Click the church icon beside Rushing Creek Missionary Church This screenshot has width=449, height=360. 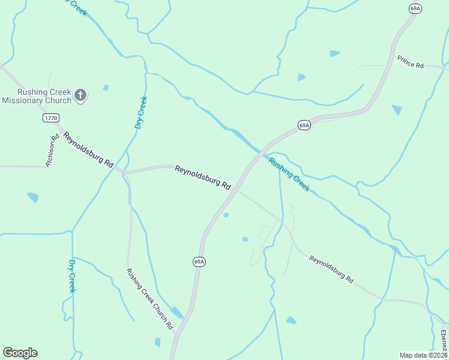point(80,94)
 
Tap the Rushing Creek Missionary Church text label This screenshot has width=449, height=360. point(36,96)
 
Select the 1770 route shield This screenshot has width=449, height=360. point(51,118)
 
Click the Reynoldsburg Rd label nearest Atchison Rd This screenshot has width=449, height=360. point(89,150)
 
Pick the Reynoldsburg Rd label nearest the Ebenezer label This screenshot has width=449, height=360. point(331,269)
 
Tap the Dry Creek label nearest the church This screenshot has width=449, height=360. point(140,113)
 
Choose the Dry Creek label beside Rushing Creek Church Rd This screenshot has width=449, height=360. point(72,276)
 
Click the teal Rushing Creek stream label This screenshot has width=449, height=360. point(289,175)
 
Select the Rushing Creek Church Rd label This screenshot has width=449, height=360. point(149,298)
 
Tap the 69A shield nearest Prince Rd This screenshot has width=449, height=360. point(415,8)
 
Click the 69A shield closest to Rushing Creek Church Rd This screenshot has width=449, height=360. point(199,262)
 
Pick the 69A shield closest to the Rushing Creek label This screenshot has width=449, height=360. point(304,125)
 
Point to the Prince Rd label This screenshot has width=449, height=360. point(411,61)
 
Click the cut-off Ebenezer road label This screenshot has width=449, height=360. point(444,341)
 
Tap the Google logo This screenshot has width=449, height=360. point(20,353)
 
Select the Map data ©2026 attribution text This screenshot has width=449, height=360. point(423,355)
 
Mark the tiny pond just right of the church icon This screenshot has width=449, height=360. point(106,88)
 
